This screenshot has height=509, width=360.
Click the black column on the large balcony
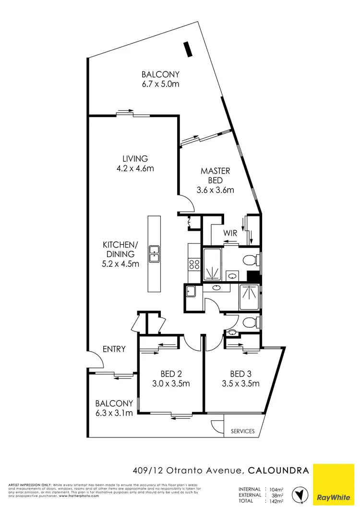coord(188,49)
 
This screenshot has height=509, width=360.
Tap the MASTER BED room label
coord(215,176)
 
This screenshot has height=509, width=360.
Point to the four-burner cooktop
coord(195,264)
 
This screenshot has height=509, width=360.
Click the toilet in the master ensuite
coord(251,260)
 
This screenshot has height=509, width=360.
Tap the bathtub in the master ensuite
coord(213,264)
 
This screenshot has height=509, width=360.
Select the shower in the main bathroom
coord(249,297)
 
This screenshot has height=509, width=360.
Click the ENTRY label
coord(113,349)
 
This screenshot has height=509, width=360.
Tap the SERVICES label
coord(243,431)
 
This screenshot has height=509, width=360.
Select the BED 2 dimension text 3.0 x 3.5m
coord(170,383)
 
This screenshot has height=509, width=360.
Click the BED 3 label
coord(241,374)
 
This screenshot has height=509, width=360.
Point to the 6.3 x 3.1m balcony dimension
coord(114,413)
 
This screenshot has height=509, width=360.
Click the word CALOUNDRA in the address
coord(278,471)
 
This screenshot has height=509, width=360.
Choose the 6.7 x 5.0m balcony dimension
coord(160,84)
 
